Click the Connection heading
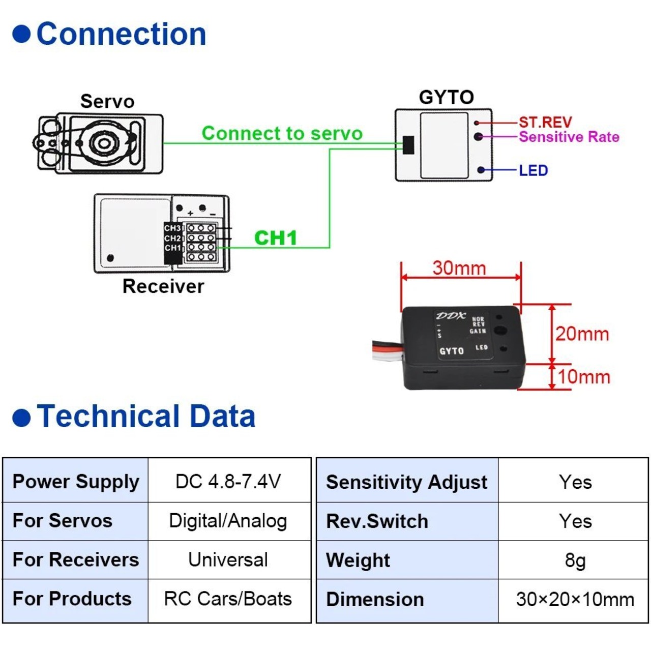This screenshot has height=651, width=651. [x=121, y=35]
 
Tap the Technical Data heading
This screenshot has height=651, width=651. [x=146, y=416]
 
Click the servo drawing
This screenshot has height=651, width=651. [x=100, y=143]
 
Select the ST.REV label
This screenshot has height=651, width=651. [x=545, y=122]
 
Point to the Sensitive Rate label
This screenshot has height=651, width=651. [x=569, y=137]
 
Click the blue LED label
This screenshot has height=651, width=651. [x=534, y=170]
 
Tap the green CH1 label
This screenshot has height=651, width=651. [x=275, y=238]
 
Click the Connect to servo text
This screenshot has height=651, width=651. [x=282, y=133]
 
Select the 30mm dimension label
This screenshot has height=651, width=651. [x=459, y=268]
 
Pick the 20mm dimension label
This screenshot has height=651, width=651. [x=582, y=334]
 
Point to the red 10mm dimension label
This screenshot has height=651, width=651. [x=584, y=377]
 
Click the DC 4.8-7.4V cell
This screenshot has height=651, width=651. [x=228, y=481]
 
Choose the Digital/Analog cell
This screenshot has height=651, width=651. [x=228, y=521]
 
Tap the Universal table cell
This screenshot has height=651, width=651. [x=228, y=560]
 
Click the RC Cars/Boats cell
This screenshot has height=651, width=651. [x=228, y=599]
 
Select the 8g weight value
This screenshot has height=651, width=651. [x=575, y=560]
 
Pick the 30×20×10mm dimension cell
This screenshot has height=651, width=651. [x=575, y=600]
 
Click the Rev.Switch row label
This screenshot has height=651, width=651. [x=377, y=521]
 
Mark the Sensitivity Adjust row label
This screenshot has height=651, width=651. [x=407, y=482]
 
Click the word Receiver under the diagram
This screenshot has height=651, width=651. [x=163, y=286]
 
